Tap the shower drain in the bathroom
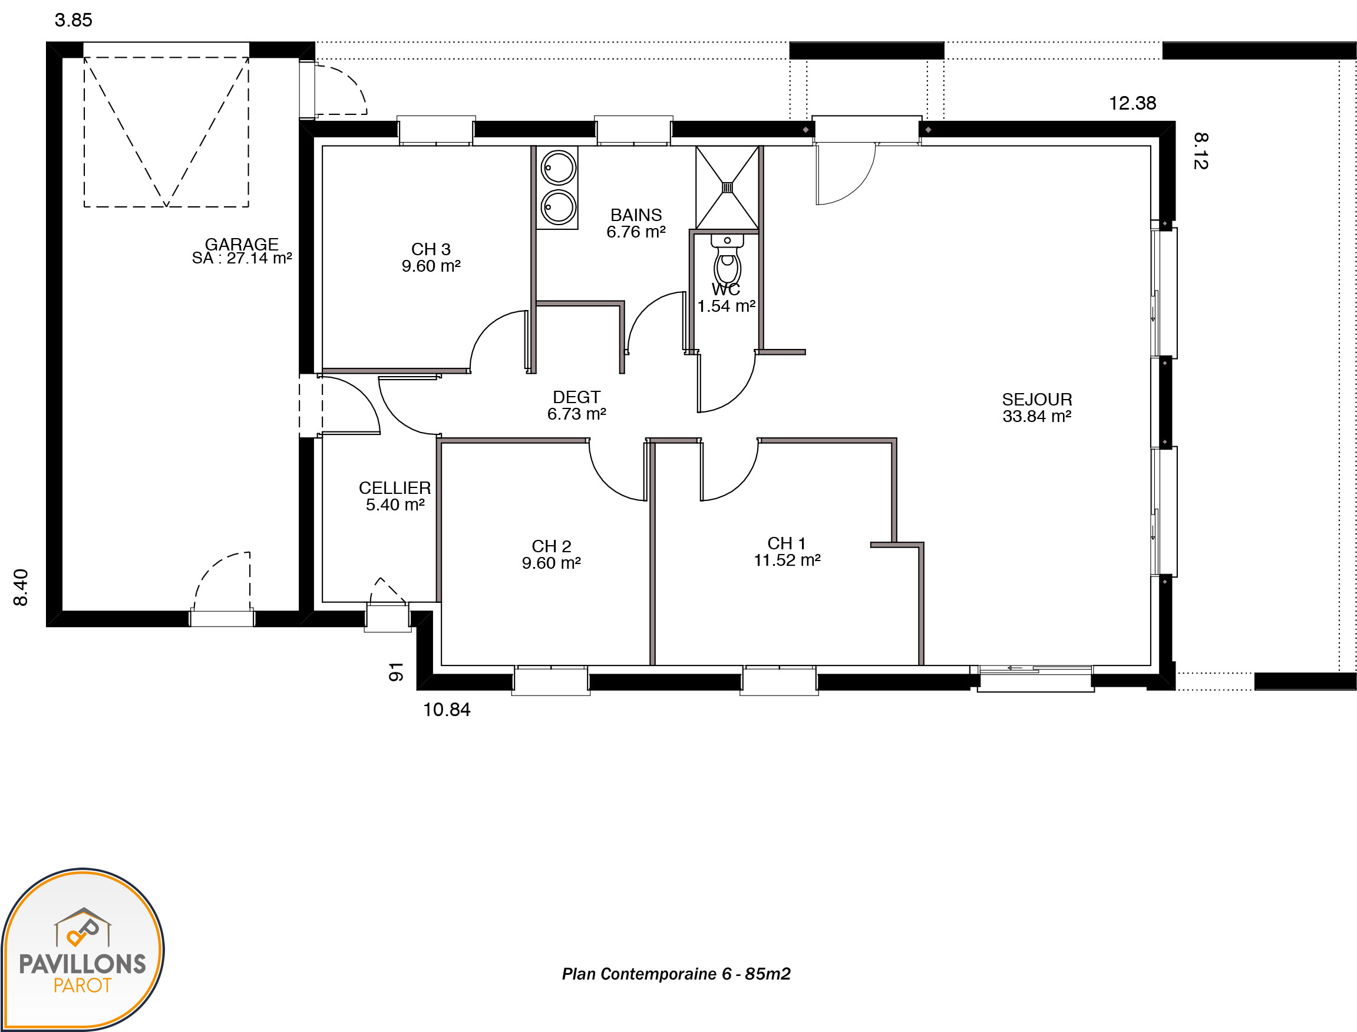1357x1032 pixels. [x=727, y=187]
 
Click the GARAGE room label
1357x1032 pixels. [x=242, y=244]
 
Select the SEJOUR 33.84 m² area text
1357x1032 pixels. [x=1037, y=416]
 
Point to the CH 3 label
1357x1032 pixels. [x=431, y=249]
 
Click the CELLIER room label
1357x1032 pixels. [x=395, y=488]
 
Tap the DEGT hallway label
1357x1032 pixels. [x=577, y=397]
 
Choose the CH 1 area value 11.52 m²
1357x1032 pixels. [x=787, y=560]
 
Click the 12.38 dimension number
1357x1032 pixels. [x=1133, y=103]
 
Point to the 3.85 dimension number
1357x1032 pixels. [x=74, y=20]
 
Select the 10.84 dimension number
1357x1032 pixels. [x=447, y=710]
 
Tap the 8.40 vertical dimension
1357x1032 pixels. [x=21, y=587]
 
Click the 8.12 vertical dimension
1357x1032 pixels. [x=1201, y=151]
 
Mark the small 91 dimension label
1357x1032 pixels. [x=396, y=672]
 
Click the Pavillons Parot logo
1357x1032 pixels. [x=82, y=949]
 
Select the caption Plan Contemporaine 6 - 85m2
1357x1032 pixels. [x=676, y=974]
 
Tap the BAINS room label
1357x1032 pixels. [x=636, y=215]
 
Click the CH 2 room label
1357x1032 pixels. [x=552, y=546]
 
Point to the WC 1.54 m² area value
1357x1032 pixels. [x=727, y=306]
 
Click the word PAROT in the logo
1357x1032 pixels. [x=82, y=985]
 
